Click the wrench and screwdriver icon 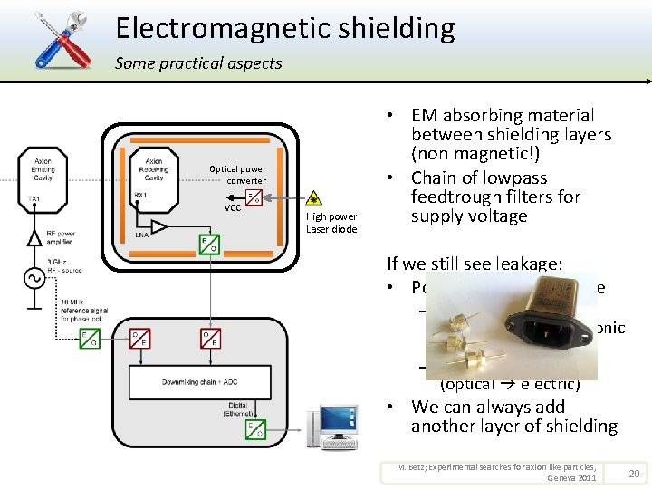click(62, 38)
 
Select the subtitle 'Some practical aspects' click(198, 63)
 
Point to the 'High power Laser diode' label click(331, 223)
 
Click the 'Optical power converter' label click(237, 175)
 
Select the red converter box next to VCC click(254, 198)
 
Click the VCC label click(232, 207)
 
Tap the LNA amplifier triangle click(158, 225)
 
